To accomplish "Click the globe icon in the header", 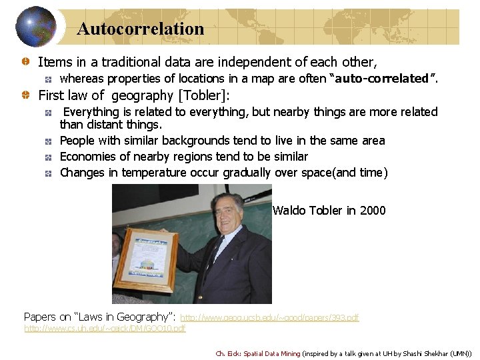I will point(37,27).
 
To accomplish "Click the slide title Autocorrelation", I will point(140,29).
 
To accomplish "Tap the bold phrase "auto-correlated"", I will point(383,79).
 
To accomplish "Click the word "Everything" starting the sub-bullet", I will point(91,112).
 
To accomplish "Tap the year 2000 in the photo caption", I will point(373,211).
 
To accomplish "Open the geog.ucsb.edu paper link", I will point(269,318).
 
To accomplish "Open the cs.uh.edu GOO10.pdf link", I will point(105,328).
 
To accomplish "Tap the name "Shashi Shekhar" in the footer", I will point(415,353).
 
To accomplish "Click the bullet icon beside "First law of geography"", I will point(24,95).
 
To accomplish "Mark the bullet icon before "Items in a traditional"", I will point(24,62).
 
